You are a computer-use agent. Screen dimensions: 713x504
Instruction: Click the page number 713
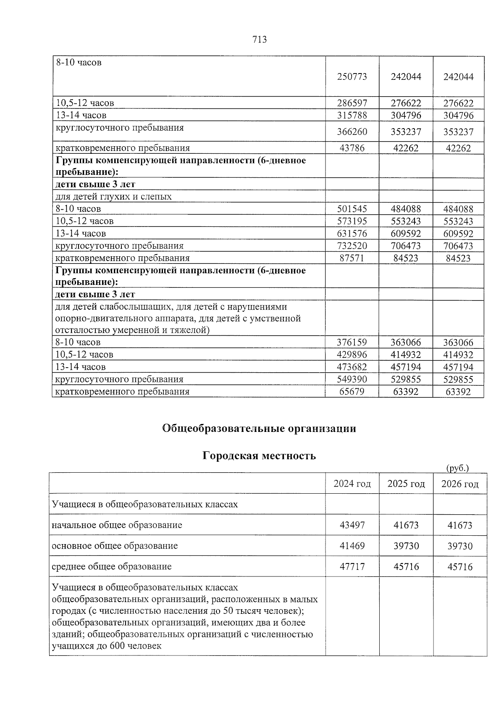(x=259, y=39)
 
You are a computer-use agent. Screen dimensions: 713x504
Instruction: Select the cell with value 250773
(x=352, y=77)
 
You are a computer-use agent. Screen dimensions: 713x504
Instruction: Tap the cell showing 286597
(x=352, y=103)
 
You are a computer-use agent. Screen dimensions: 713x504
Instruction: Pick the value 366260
(x=352, y=132)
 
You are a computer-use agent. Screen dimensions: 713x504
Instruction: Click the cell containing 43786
(x=352, y=148)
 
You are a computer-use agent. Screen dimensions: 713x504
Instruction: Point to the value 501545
(x=352, y=209)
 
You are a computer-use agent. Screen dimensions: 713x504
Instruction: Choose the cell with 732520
(x=352, y=246)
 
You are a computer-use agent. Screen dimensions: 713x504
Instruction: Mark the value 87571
(x=352, y=258)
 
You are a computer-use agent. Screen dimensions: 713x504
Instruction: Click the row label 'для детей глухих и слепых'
(x=113, y=197)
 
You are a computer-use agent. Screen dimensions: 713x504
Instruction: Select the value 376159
(x=352, y=342)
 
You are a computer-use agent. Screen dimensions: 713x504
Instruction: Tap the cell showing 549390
(x=352, y=379)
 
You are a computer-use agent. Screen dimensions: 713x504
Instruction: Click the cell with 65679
(x=352, y=392)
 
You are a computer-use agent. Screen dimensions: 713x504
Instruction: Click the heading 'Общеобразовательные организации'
(x=259, y=429)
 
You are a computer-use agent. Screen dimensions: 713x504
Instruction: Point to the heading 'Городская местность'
(x=259, y=456)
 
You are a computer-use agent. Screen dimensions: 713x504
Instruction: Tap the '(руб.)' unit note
(x=457, y=468)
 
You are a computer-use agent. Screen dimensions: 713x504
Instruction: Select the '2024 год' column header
(x=352, y=484)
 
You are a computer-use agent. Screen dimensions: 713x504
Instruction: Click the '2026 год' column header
(x=460, y=484)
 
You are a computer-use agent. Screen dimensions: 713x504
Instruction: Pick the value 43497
(x=352, y=525)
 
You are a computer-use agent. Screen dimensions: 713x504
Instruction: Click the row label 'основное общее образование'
(x=114, y=546)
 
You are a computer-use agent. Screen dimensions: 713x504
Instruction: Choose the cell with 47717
(x=352, y=567)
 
